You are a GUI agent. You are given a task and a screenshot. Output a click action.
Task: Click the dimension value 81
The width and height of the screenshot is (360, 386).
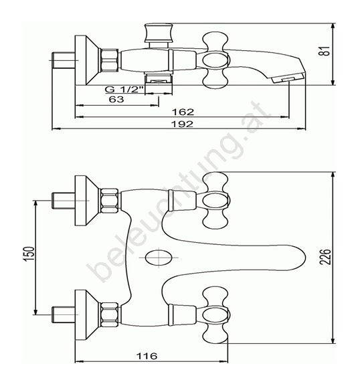coord(326,51)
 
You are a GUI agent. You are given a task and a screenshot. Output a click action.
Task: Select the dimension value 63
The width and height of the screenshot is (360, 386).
coord(116,100)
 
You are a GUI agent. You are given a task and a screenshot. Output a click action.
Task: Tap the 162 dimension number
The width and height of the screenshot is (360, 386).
coord(183,112)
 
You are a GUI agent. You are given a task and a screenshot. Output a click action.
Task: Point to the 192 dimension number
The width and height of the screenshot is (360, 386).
coord(182,124)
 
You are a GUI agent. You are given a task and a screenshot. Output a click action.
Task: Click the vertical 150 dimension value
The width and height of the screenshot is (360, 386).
coord(29,254)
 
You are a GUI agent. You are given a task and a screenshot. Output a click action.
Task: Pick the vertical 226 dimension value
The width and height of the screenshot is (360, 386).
coord(325,257)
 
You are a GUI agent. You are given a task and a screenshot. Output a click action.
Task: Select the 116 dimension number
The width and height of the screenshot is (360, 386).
coord(147,356)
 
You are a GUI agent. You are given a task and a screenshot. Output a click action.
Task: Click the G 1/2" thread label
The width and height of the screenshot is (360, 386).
coord(124,90)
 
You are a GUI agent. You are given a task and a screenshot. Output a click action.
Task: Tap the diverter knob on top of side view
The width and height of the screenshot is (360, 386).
coord(159,33)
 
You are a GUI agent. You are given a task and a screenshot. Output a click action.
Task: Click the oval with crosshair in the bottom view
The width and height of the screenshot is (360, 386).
coord(159,258)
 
